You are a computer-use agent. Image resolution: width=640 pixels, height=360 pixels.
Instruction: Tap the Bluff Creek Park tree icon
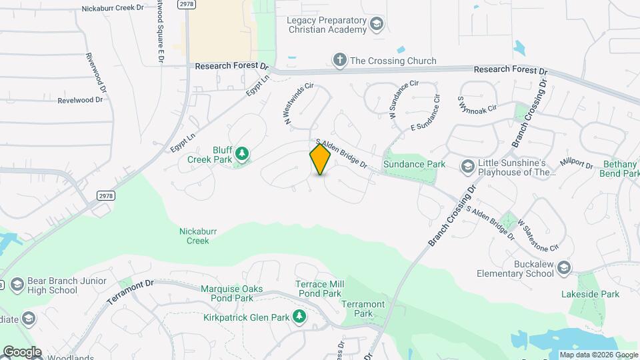coord(243,155)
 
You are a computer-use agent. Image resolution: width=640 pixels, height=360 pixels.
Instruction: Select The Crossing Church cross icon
coord(339,61)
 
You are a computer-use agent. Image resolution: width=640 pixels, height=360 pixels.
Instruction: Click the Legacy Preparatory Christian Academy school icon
coord(377,25)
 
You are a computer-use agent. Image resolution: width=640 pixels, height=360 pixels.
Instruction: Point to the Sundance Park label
coord(413,164)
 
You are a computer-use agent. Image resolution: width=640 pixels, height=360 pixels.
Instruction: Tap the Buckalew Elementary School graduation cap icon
coord(563,268)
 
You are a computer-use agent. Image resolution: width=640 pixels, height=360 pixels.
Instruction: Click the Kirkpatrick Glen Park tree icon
coord(299,317)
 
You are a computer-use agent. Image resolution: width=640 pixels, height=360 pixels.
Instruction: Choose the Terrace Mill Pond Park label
coord(319,289)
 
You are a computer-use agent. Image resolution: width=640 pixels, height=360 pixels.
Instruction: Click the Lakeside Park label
coord(590,294)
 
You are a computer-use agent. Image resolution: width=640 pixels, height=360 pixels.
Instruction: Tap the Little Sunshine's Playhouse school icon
coord(468,165)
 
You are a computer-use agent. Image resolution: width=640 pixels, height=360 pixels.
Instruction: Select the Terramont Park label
coord(363,309)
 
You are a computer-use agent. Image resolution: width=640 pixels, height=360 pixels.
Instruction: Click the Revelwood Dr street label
coord(80,100)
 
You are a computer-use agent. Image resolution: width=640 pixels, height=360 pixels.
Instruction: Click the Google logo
coord(21,352)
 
